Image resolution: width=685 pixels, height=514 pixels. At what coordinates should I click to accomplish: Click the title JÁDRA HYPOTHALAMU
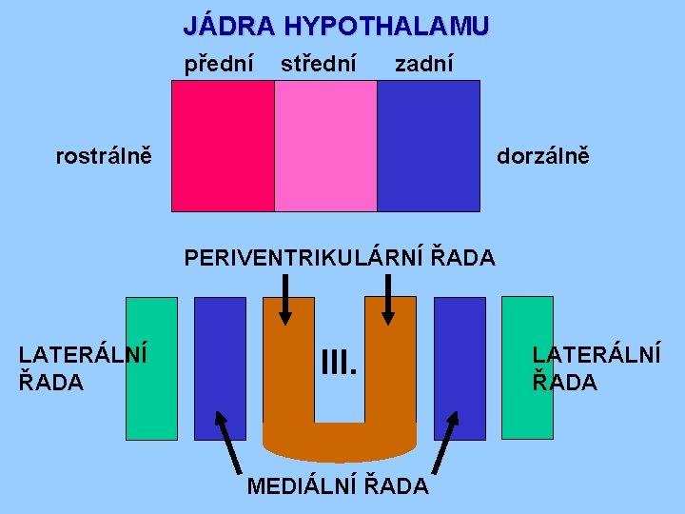point(336,26)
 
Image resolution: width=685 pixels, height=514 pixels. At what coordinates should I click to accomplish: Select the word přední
point(219,65)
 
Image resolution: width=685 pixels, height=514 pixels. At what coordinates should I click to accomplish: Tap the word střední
point(318,65)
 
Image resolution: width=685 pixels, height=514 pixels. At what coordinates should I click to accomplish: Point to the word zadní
point(423,65)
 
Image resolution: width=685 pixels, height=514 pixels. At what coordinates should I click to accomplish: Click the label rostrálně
point(103,154)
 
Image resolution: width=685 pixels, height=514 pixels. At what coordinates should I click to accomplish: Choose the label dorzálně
point(542,154)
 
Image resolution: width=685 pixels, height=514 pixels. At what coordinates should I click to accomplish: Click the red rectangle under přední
point(223,146)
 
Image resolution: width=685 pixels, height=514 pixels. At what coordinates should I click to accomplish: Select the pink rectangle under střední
point(325,146)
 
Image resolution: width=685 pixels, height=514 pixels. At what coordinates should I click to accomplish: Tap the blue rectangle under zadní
point(428,146)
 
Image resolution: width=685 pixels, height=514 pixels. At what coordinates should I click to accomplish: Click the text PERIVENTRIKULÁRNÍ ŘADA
point(340,257)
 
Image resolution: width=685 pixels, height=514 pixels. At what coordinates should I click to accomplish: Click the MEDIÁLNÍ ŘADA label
point(338,486)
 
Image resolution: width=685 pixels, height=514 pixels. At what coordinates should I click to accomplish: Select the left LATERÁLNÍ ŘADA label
point(83,367)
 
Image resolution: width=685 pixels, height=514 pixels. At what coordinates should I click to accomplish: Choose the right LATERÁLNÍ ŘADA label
point(596,367)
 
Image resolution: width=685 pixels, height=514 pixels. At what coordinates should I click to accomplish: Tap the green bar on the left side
point(152,368)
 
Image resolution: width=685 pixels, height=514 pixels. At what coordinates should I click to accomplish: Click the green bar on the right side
point(527,368)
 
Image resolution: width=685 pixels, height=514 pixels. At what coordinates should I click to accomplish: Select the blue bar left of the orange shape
point(220,368)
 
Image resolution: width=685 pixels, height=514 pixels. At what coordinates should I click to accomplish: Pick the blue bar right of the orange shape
point(460,368)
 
